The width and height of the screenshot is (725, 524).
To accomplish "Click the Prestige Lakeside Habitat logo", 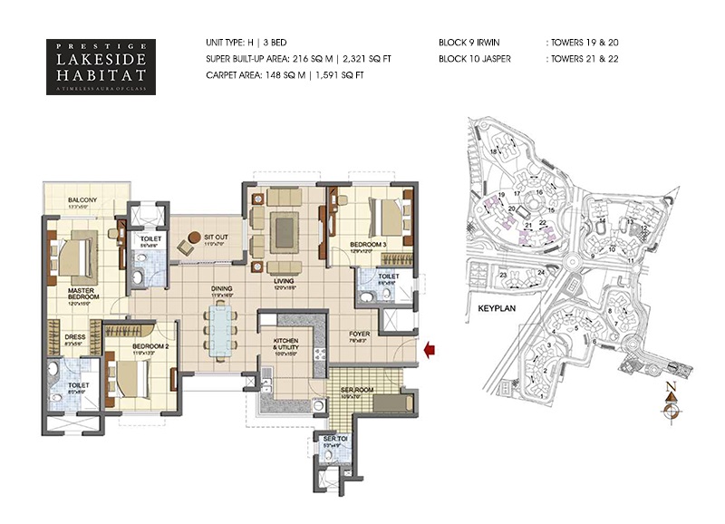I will (x=100, y=65).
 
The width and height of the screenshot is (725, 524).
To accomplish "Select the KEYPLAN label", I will (x=496, y=308).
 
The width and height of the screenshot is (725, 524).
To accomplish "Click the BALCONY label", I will (x=82, y=200).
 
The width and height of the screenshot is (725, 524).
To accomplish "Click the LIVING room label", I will (x=285, y=281).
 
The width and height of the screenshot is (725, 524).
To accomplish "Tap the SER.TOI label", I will (x=331, y=441).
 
